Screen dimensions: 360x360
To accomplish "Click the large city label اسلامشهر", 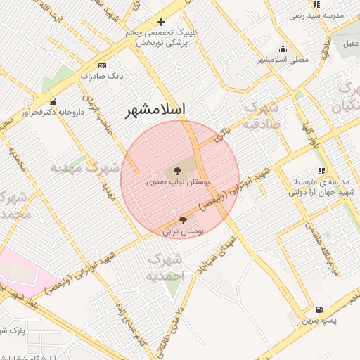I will pyautogui.click(x=155, y=110).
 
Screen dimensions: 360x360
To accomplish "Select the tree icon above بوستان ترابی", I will pyautogui.click(x=184, y=220).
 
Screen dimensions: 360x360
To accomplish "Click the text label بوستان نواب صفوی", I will pyautogui.click(x=169, y=181).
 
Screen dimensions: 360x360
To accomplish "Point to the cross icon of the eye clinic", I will pyautogui.click(x=162, y=22).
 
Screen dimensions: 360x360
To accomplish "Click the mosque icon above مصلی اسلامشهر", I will pyautogui.click(x=283, y=49).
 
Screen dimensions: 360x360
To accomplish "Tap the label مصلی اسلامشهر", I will pyautogui.click(x=284, y=60).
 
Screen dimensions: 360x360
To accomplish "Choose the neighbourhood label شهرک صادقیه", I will pyautogui.click(x=262, y=116).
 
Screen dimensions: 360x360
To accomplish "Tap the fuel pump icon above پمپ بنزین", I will pyautogui.click(x=320, y=309).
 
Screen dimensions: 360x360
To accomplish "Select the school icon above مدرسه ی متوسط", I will pyautogui.click(x=321, y=171).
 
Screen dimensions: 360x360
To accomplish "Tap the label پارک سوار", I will pyautogui.click(x=13, y=330).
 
